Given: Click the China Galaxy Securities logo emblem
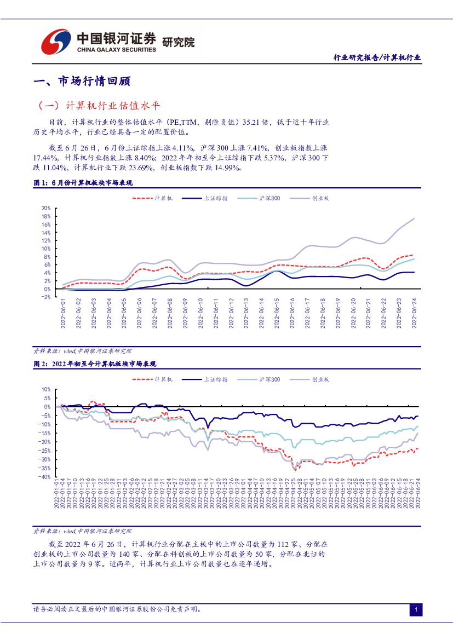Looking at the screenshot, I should pos(56,41).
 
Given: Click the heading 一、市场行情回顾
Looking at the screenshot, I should pos(82,81).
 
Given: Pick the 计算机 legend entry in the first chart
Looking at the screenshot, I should pos(154,198).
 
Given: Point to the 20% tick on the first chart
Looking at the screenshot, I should pos(46,209).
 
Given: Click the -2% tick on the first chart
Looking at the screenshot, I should pos(46,297).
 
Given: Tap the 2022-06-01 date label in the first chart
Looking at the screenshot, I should pos(63,314).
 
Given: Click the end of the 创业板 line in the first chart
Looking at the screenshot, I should pos(414,218).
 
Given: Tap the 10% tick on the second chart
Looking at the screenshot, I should pos(46,389).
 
